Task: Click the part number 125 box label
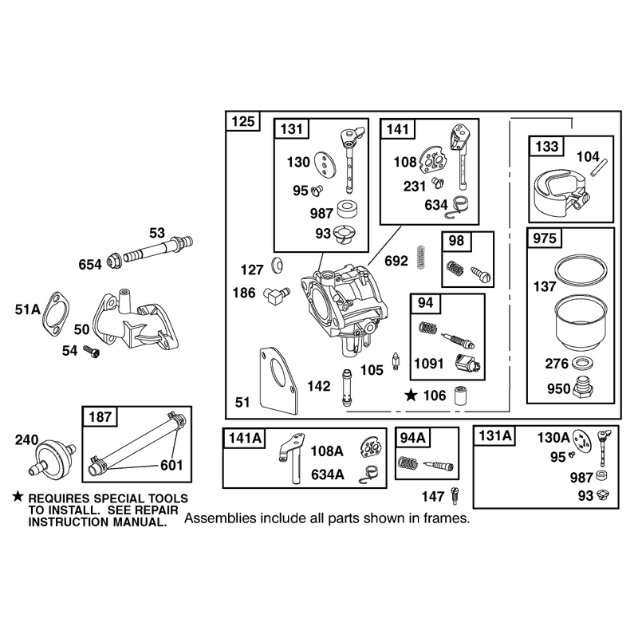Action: [243, 121]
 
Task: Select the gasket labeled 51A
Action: [56, 314]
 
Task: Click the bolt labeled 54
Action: [92, 352]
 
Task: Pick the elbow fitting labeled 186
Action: [275, 295]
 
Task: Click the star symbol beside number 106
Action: [411, 395]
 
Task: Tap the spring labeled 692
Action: [422, 258]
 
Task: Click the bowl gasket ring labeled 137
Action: [581, 270]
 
